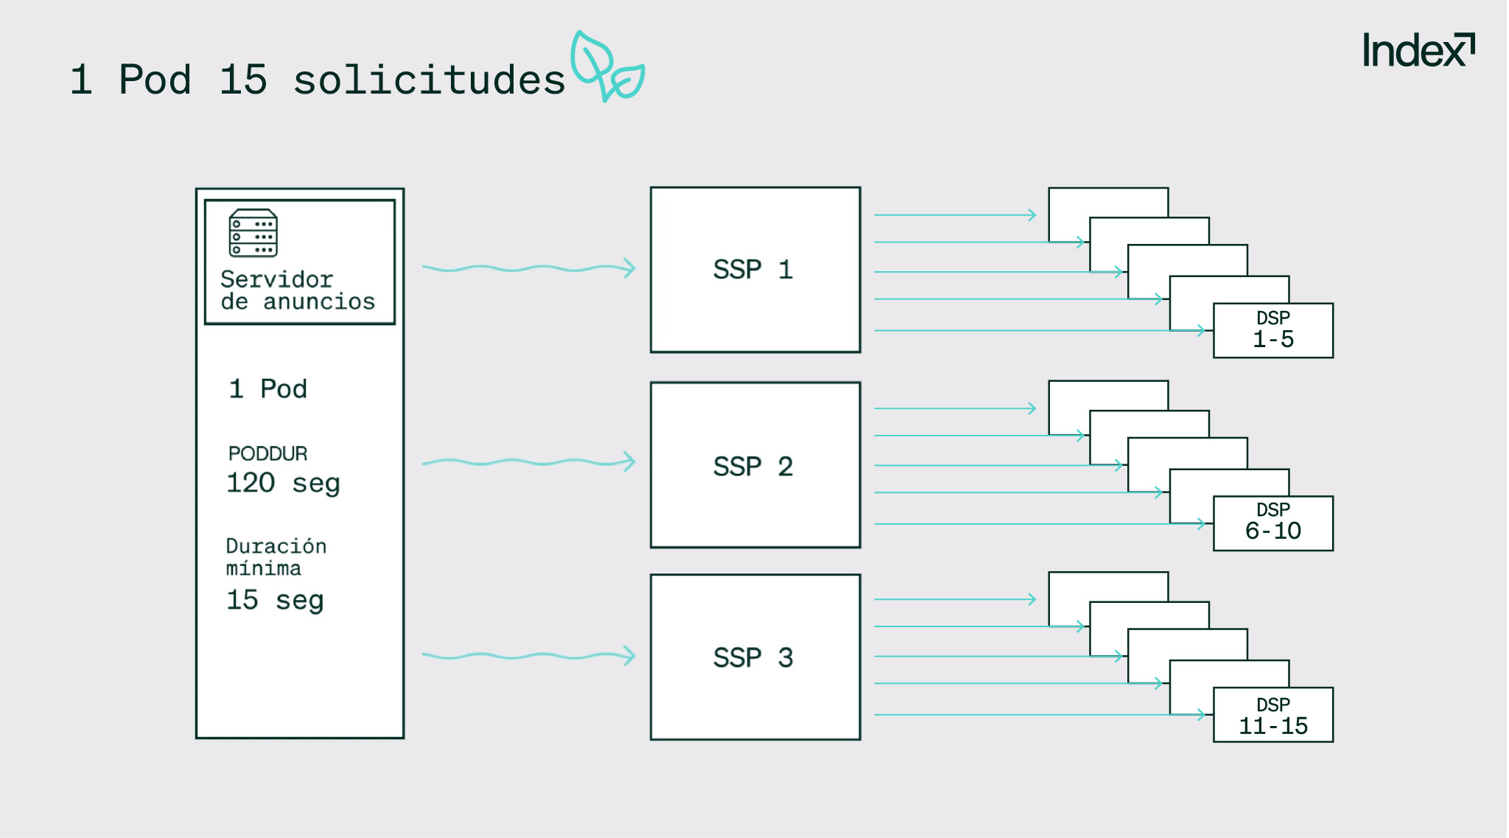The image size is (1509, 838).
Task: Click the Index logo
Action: (1418, 51)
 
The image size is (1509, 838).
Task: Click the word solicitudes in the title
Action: (429, 80)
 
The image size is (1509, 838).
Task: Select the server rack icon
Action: (253, 233)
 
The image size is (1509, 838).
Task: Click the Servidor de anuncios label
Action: (297, 290)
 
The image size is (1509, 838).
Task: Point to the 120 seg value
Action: (283, 483)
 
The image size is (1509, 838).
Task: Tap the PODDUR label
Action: (267, 453)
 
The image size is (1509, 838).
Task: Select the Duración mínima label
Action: (276, 557)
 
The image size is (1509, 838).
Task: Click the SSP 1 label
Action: (753, 270)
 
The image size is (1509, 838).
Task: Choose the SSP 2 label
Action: (753, 467)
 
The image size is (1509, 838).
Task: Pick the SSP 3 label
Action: (753, 657)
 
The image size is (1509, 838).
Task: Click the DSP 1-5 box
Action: (1272, 330)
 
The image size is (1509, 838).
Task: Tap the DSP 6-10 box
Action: (1272, 523)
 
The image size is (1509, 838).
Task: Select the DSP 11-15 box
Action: (1272, 715)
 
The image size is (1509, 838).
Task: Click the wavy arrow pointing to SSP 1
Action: (528, 268)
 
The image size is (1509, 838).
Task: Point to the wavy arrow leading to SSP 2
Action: (528, 462)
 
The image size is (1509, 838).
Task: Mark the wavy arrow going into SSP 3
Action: (528, 655)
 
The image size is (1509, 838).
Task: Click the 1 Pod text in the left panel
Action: (267, 389)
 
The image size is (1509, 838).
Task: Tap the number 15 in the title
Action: (242, 80)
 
